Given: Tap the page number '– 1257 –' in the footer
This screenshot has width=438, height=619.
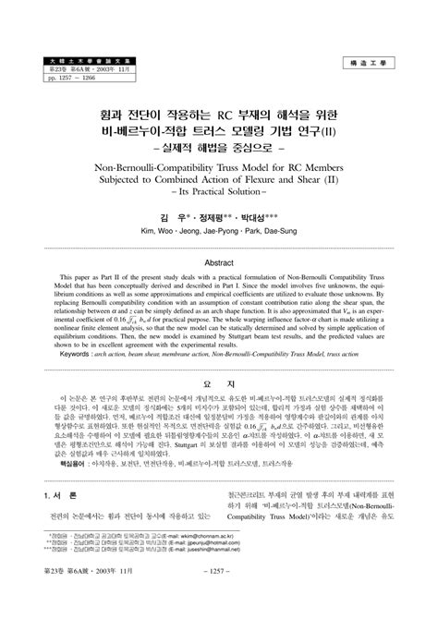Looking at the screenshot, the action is (219, 601).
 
